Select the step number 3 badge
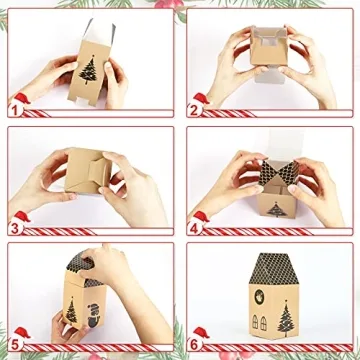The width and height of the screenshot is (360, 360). pyautogui.click(x=17, y=226)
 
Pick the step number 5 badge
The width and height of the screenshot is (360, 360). pyautogui.click(x=17, y=343)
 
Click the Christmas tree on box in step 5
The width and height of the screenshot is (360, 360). pyautogui.click(x=71, y=311)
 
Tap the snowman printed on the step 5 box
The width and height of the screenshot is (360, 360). pyautogui.click(x=92, y=312)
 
